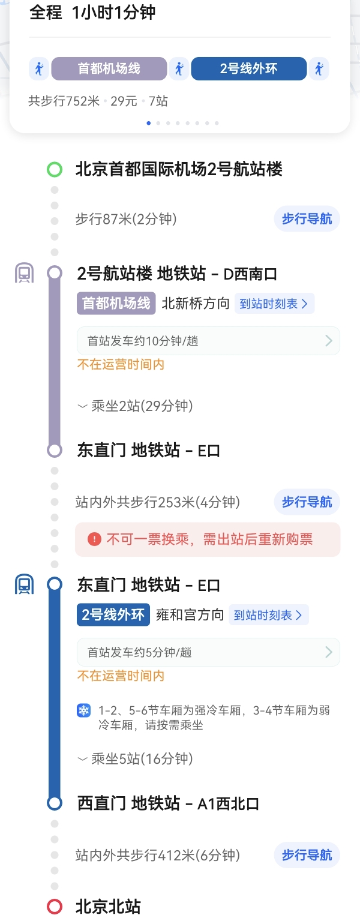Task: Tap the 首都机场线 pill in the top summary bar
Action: tap(109, 68)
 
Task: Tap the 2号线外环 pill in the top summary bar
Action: tap(248, 68)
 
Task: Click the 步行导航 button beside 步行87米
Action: tap(307, 219)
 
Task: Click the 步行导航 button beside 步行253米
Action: tap(307, 502)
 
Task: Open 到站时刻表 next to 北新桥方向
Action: tap(274, 304)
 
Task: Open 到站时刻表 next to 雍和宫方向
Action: tap(268, 615)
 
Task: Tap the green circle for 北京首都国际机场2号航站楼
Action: tap(55, 170)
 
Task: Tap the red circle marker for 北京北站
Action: tap(55, 906)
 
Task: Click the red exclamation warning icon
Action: tap(94, 539)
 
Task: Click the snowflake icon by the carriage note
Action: tap(83, 711)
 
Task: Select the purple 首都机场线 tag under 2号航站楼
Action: tap(116, 304)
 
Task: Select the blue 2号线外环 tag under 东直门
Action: tap(113, 615)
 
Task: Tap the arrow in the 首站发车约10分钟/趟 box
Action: tap(328, 341)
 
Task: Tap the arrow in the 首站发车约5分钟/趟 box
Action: tap(328, 652)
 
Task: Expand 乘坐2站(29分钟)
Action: tap(135, 406)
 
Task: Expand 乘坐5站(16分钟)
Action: tap(135, 759)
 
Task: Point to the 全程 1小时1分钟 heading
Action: tap(93, 13)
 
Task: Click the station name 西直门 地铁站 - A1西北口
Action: tap(168, 803)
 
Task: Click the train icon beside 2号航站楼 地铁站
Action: tap(25, 274)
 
